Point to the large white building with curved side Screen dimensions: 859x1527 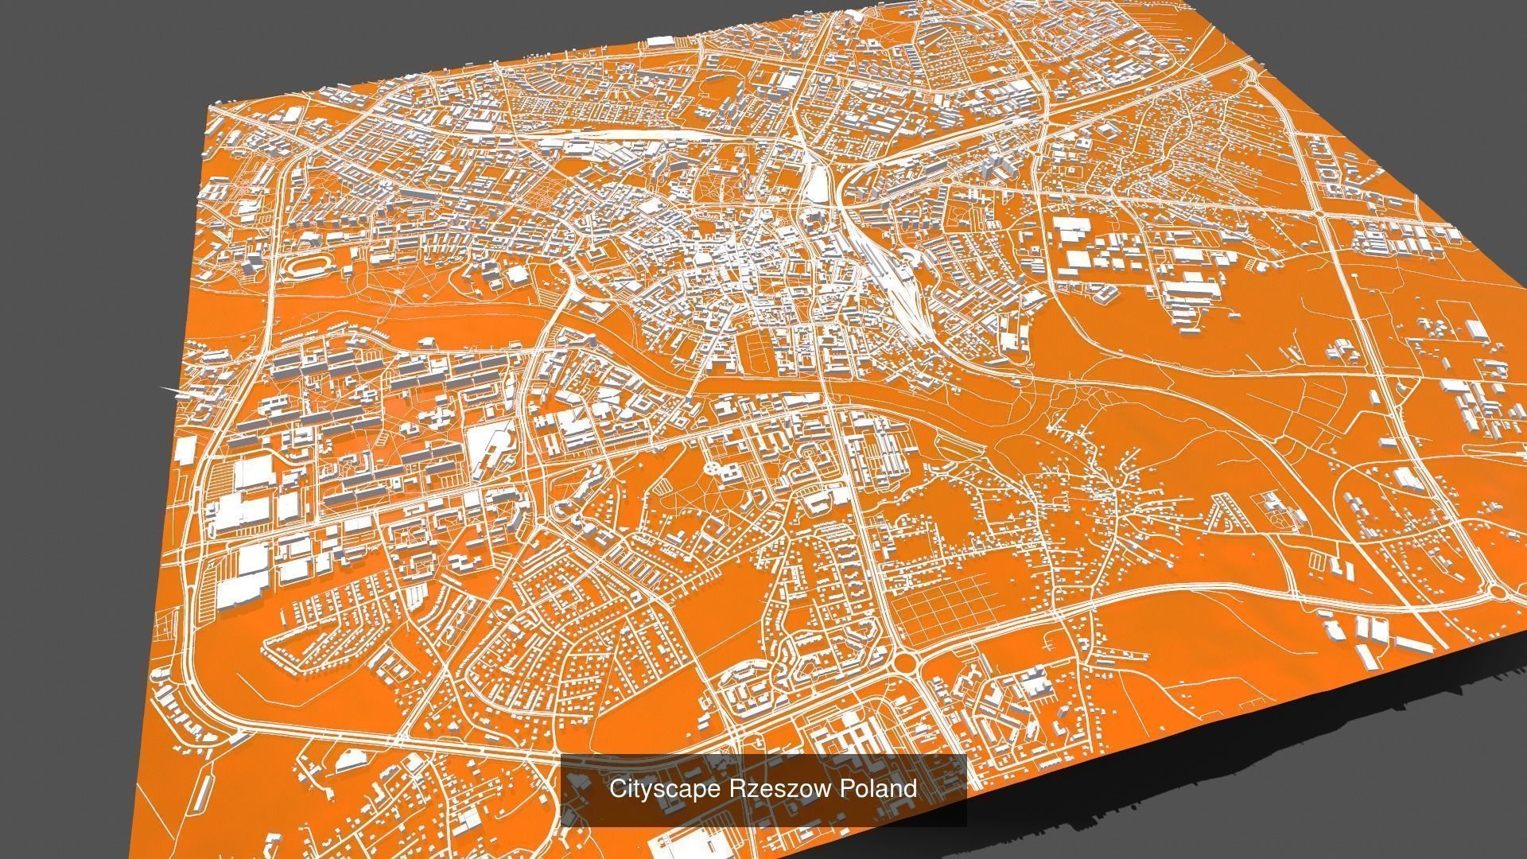pyautogui.click(x=488, y=445)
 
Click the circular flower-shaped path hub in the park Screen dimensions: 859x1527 pyautogui.click(x=710, y=464)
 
